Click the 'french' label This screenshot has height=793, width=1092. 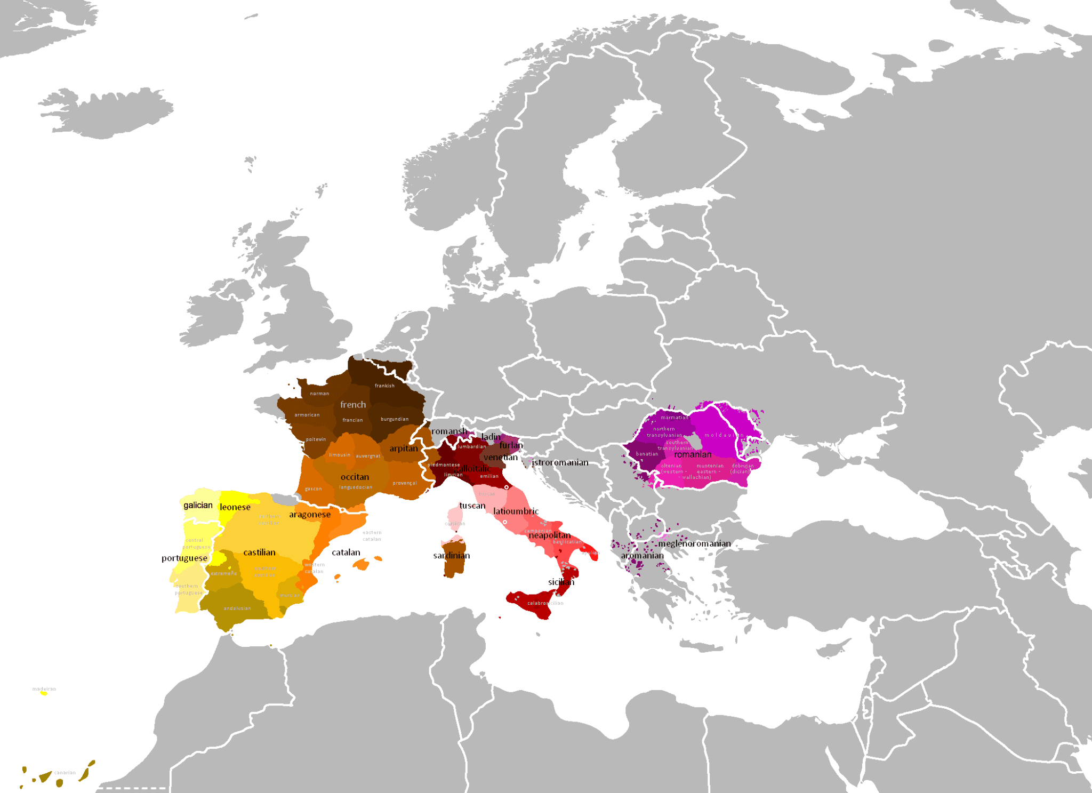pyautogui.click(x=353, y=405)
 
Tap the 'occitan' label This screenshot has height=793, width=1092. pyautogui.click(x=355, y=477)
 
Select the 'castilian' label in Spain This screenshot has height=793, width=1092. pyautogui.click(x=259, y=552)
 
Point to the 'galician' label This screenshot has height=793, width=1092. pyautogui.click(x=198, y=505)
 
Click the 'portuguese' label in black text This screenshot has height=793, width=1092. pyautogui.click(x=184, y=558)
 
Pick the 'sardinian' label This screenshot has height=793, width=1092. pyautogui.click(x=452, y=556)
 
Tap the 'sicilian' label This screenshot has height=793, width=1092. pyautogui.click(x=561, y=582)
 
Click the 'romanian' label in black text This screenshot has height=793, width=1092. pyautogui.click(x=693, y=455)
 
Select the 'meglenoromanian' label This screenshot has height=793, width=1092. pyautogui.click(x=694, y=543)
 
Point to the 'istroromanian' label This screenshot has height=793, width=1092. pyautogui.click(x=560, y=462)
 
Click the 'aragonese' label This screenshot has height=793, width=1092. pyautogui.click(x=310, y=515)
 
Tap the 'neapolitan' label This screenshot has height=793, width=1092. pyautogui.click(x=549, y=535)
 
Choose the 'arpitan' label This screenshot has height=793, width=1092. pyautogui.click(x=404, y=448)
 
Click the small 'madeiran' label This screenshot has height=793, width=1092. pyautogui.click(x=44, y=689)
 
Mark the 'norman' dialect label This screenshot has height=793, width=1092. pyautogui.click(x=319, y=394)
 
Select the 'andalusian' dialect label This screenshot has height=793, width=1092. pyautogui.click(x=237, y=608)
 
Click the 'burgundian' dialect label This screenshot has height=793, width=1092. pyautogui.click(x=395, y=419)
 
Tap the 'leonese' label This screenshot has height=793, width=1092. pyautogui.click(x=235, y=507)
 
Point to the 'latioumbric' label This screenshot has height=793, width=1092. pyautogui.click(x=516, y=511)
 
